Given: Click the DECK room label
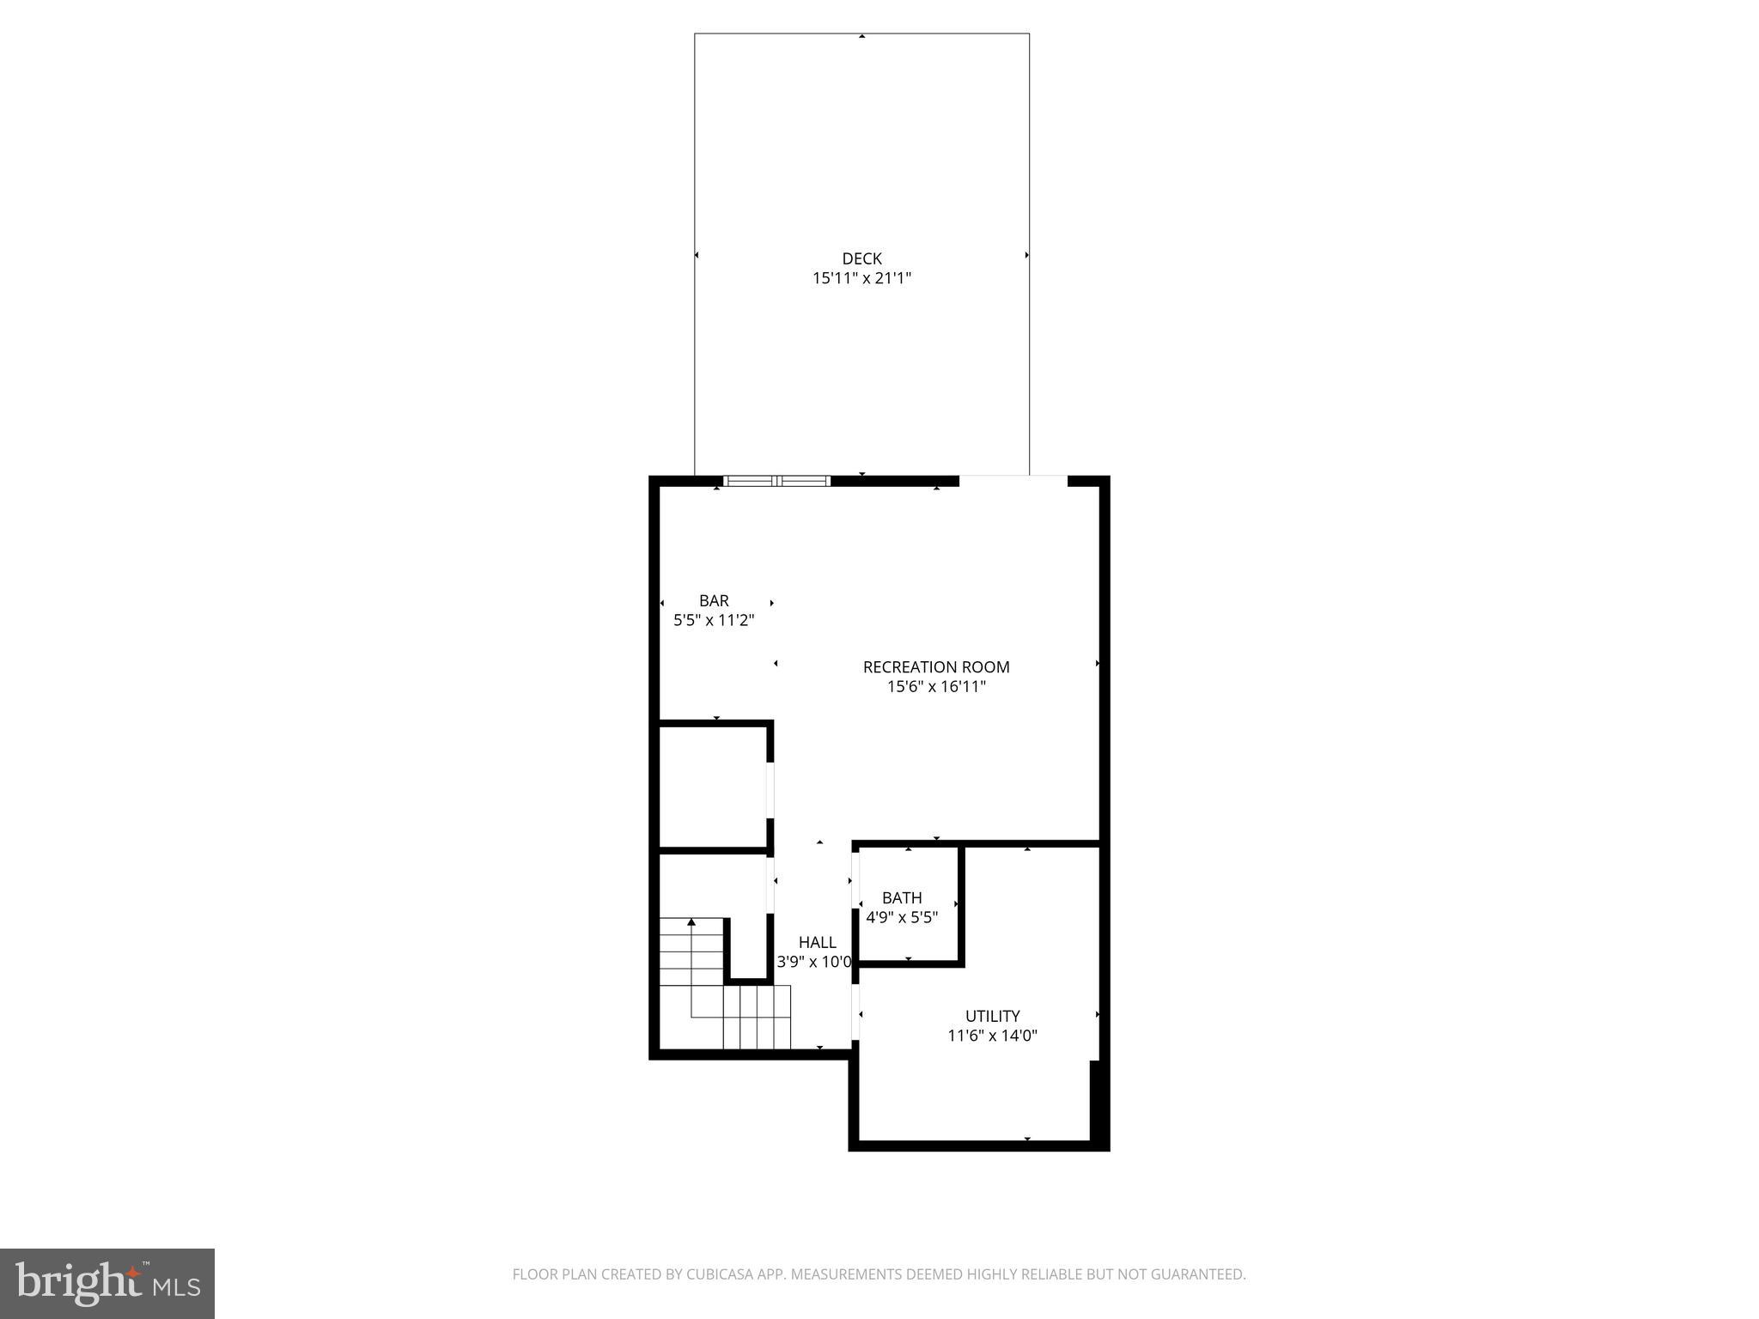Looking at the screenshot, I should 861,258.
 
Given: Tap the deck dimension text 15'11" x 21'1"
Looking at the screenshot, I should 861,278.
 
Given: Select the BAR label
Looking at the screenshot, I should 714,601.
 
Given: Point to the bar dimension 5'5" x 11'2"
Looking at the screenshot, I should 714,620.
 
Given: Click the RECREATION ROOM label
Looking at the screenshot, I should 936,667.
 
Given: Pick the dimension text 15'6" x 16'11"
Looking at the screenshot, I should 936,687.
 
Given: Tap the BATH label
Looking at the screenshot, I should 902,898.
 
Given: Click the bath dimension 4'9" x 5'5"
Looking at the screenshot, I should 902,917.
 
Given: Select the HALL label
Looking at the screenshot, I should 817,943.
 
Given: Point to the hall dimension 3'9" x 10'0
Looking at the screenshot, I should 814,963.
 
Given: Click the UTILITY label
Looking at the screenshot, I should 992,1017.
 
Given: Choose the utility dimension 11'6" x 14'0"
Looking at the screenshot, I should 992,1036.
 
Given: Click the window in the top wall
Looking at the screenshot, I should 777,481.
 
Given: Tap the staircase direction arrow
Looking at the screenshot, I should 691,924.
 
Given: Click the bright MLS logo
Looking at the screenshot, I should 107,1283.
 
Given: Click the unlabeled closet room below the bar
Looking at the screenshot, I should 712,786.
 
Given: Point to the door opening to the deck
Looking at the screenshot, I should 1013,480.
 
